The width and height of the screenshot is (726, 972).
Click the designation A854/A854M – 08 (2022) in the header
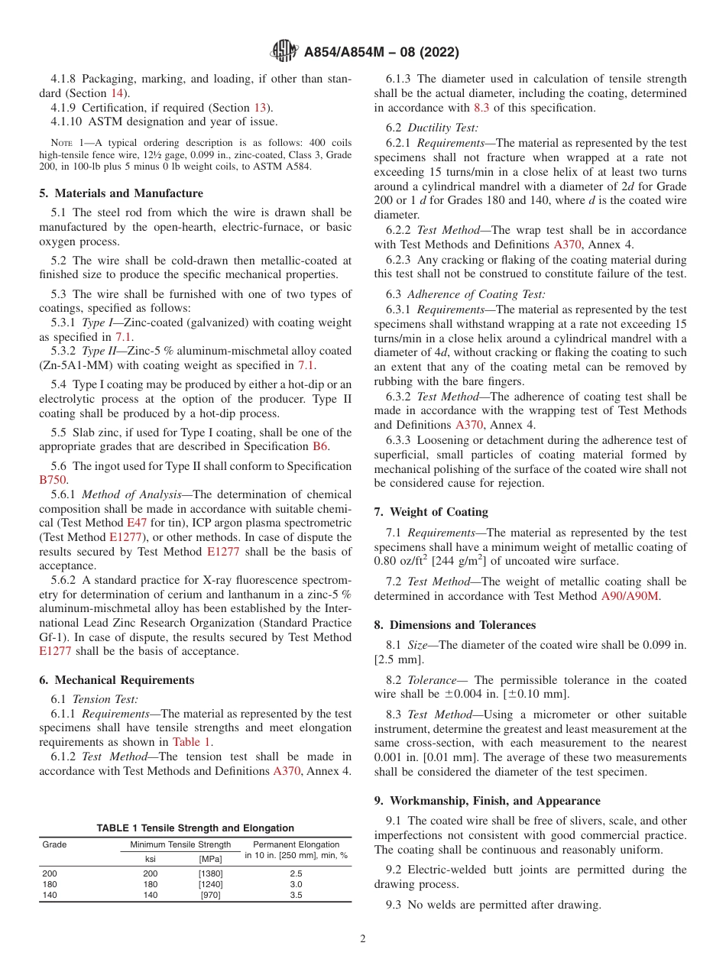click(381, 53)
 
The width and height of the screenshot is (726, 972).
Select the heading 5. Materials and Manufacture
click(121, 193)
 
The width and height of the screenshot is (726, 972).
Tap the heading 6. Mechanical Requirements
click(116, 680)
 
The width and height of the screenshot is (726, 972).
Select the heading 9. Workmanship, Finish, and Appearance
click(487, 801)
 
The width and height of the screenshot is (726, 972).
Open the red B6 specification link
click(320, 446)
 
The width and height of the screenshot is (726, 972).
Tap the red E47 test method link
click(136, 523)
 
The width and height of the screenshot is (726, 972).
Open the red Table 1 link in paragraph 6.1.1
click(192, 741)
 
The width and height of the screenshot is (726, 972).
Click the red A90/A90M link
click(630, 595)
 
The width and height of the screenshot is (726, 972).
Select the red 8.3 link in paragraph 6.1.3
click(481, 109)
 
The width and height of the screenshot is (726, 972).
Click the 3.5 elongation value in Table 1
click(296, 895)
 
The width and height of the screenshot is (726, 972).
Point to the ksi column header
click(151, 859)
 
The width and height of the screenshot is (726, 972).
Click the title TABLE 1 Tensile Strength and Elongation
click(195, 828)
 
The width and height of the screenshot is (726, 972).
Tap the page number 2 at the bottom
click(363, 939)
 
